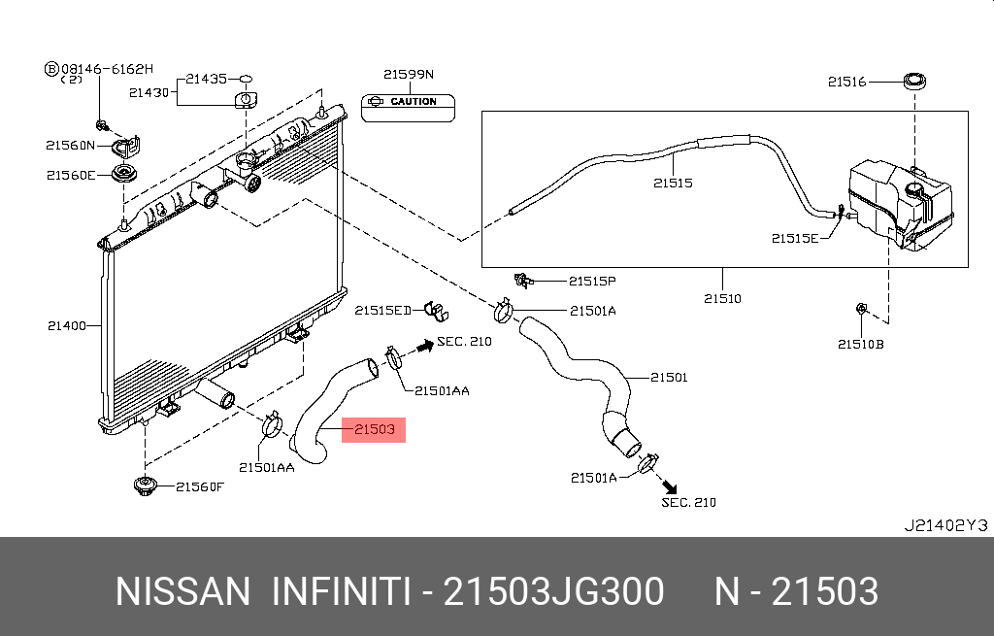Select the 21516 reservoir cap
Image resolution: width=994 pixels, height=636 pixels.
(913, 82)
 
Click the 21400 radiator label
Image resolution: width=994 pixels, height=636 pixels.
(67, 325)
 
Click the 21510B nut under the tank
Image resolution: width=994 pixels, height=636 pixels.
(860, 310)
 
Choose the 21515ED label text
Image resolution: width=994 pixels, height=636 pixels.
(382, 311)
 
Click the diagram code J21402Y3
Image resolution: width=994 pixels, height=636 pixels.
(944, 525)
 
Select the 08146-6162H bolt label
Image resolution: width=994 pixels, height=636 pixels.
(107, 70)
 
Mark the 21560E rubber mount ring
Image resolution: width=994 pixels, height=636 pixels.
(124, 175)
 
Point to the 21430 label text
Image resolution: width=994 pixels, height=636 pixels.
(149, 93)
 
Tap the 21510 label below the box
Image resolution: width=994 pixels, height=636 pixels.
(722, 298)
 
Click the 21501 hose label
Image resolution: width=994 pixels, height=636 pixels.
(669, 377)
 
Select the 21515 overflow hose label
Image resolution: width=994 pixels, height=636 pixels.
(673, 182)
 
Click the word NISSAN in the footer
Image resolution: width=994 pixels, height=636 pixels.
(182, 591)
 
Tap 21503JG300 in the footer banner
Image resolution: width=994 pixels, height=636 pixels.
(553, 591)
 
